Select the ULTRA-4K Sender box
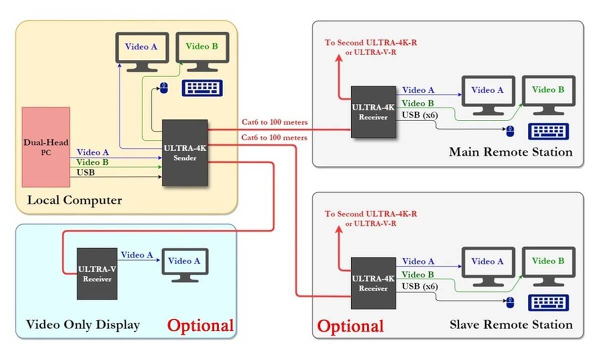tap(185, 152)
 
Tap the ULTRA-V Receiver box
tap(97, 273)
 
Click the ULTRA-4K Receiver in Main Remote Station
tap(373, 112)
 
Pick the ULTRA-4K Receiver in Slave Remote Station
tap(373, 283)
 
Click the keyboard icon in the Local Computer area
tap(202, 88)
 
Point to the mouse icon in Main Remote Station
tap(509, 131)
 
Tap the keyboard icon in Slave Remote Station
tap(548, 302)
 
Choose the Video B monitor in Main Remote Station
tap(548, 94)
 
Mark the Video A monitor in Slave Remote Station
tap(487, 265)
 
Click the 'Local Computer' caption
tap(74, 200)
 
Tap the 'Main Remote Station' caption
tap(510, 151)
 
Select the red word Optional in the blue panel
tap(200, 325)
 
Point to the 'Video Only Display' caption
tap(82, 325)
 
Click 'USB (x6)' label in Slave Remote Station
tap(420, 287)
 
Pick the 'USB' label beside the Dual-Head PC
tap(85, 172)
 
